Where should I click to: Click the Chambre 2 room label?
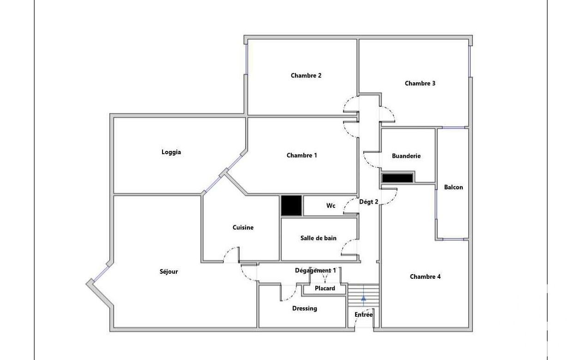tap(306, 75)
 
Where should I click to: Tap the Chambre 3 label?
tap(420, 84)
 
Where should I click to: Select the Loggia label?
tap(171, 152)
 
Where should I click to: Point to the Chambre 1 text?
tap(302, 155)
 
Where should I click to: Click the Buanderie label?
tap(406, 156)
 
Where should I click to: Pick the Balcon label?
tap(453, 187)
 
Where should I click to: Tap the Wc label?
tap(331, 205)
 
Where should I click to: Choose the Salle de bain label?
tap(318, 238)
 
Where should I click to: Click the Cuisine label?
tap(243, 227)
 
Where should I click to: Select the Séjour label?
tap(169, 271)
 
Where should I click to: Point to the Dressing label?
tap(304, 309)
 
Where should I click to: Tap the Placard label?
tap(325, 288)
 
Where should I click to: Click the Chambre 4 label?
tap(425, 276)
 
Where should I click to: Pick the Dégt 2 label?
tap(368, 202)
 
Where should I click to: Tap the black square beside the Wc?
tap(292, 205)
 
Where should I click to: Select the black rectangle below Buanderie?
tap(397, 178)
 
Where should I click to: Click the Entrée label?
tap(363, 314)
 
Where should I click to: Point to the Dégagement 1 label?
tap(315, 270)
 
